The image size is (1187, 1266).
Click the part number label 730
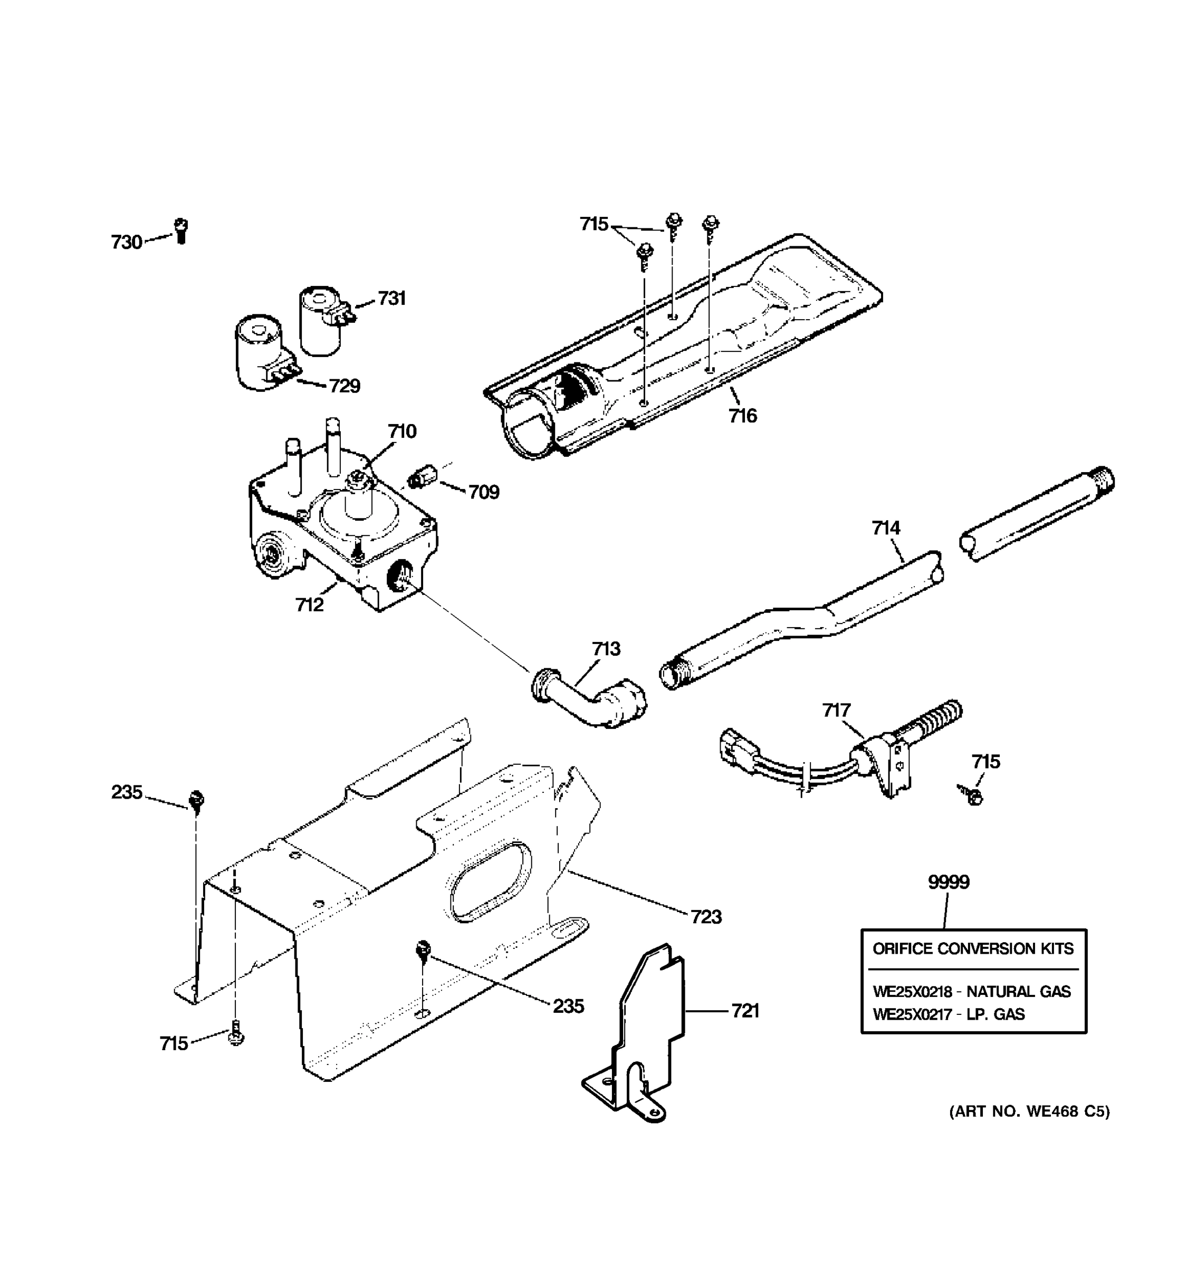(126, 243)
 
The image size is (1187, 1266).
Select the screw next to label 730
(181, 231)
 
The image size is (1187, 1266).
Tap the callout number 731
(391, 298)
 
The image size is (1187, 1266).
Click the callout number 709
(483, 492)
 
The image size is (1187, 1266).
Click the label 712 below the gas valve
(310, 605)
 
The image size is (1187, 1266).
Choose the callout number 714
(886, 528)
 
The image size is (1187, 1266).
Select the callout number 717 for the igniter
(836, 710)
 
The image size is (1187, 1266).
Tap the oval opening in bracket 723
(490, 882)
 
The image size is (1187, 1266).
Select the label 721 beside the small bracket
(744, 1011)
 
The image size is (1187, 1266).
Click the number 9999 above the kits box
(948, 882)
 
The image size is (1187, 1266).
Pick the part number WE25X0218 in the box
(912, 992)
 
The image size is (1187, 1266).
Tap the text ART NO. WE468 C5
(1029, 1112)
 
